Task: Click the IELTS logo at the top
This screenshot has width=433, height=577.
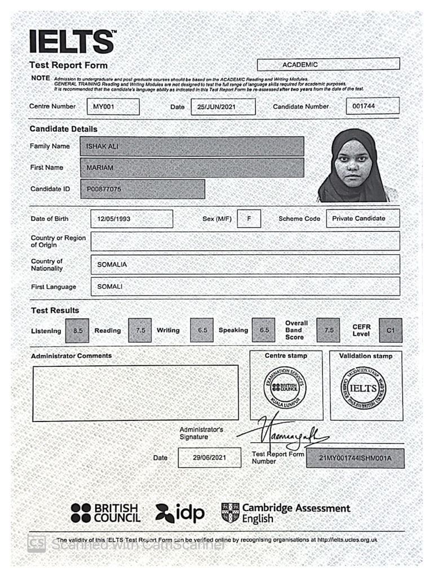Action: tap(72, 42)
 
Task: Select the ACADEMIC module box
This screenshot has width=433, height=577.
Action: tap(328, 64)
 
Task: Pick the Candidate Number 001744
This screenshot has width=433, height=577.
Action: tap(372, 106)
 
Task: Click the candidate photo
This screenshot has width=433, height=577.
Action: tap(353, 166)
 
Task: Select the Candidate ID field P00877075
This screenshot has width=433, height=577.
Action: tap(143, 189)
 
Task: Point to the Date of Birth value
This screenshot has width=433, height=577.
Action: tap(131, 219)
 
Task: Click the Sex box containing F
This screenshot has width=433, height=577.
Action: tap(249, 219)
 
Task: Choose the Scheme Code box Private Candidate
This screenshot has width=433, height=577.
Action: tap(363, 219)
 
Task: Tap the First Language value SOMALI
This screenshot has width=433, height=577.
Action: tap(245, 286)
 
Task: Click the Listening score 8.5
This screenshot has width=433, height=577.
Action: tap(78, 331)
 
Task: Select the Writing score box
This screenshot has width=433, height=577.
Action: tap(202, 330)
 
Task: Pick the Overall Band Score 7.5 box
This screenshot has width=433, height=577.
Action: tap(328, 330)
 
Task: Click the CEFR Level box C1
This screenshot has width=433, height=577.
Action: tap(391, 330)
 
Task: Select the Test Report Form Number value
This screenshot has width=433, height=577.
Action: tap(355, 458)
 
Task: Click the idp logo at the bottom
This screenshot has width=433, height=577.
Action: tap(180, 513)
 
